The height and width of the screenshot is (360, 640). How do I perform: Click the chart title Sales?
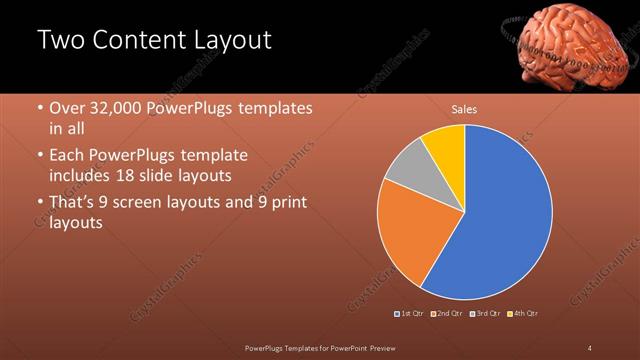click(x=463, y=108)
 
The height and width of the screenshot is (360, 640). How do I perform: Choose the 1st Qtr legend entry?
click(x=410, y=313)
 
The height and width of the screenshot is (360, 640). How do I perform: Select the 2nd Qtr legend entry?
click(x=445, y=313)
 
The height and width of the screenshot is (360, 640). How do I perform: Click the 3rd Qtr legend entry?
click(x=483, y=313)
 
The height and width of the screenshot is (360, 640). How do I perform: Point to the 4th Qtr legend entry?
click(x=522, y=313)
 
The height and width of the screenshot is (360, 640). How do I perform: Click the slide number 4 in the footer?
click(x=590, y=347)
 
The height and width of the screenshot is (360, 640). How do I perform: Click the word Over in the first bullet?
click(x=67, y=107)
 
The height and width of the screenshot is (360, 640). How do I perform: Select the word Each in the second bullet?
click(x=68, y=155)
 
